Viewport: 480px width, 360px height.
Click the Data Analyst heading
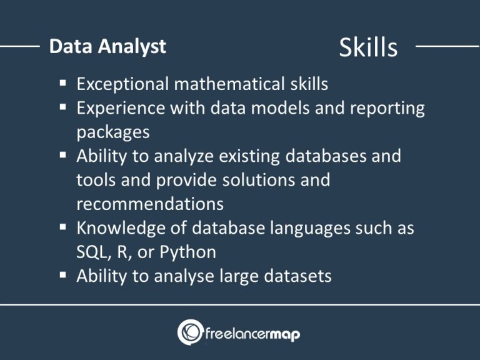point(107,47)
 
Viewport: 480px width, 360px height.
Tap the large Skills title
point(368,47)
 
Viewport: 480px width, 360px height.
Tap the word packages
point(113,132)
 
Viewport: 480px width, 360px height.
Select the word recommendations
point(150,204)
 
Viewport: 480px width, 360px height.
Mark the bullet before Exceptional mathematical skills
point(65,82)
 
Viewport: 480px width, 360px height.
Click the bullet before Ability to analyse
point(65,274)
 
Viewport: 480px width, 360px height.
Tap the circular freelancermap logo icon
point(190,331)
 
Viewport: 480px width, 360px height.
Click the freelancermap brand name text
point(253,334)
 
